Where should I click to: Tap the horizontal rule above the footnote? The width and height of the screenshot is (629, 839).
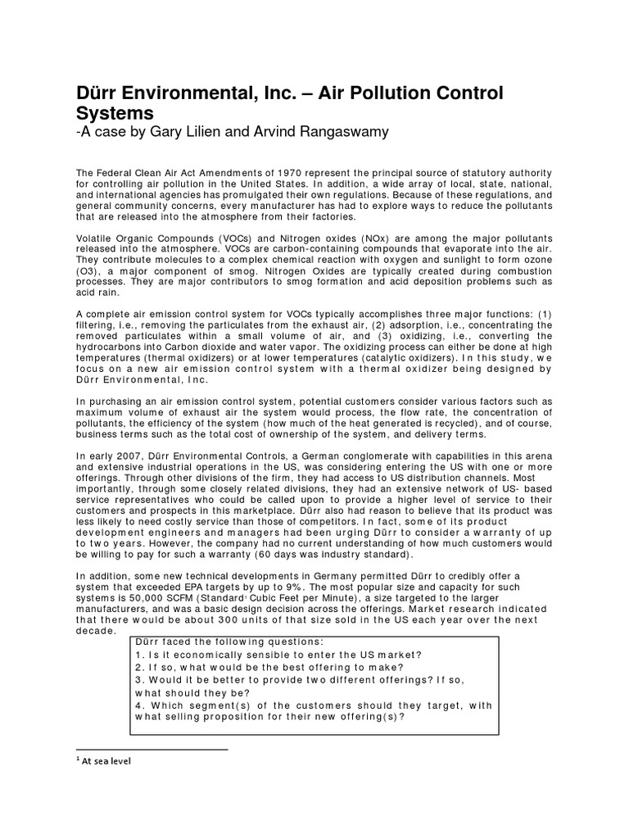pyautogui.click(x=152, y=748)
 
